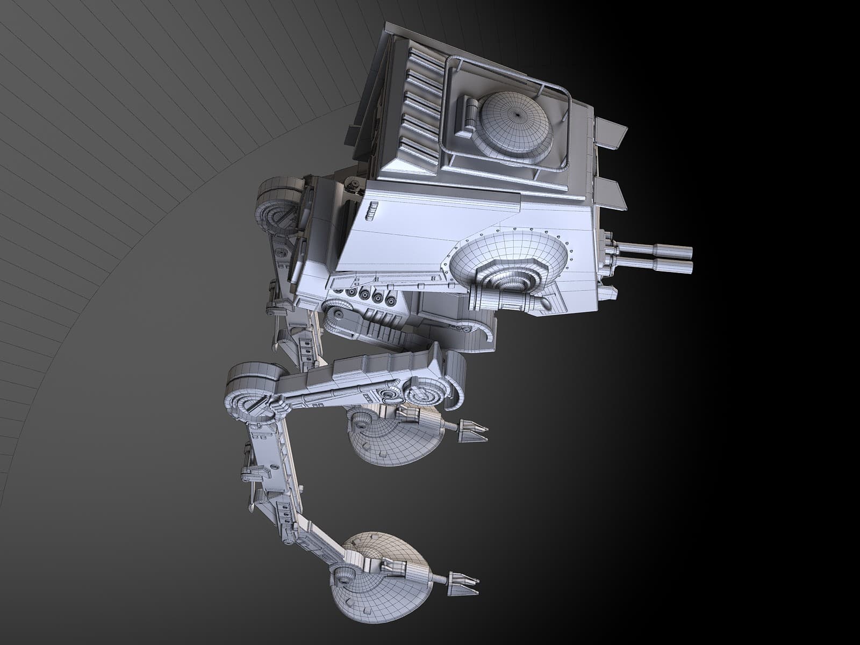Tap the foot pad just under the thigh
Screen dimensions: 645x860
(x=395, y=435)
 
